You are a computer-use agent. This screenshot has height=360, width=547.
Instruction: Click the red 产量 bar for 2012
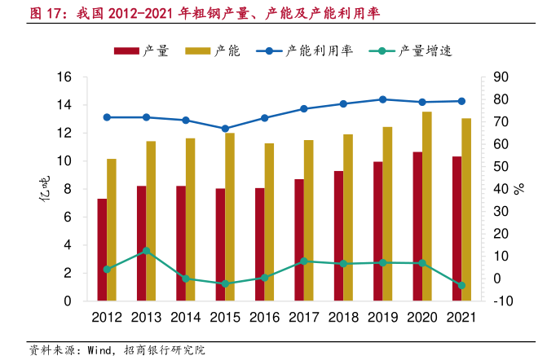click(102, 249)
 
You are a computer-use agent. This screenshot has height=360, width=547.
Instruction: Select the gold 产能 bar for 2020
click(426, 206)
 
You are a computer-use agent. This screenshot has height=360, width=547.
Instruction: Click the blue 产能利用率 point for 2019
click(382, 99)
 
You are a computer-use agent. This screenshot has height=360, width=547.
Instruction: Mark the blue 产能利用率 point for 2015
click(225, 129)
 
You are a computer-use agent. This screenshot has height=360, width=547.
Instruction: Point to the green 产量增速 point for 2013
click(146, 251)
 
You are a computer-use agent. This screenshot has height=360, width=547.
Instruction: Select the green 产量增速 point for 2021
click(461, 285)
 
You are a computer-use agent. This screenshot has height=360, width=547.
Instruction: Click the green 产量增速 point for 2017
click(303, 261)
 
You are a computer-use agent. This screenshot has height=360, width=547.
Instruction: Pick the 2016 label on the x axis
click(264, 318)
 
